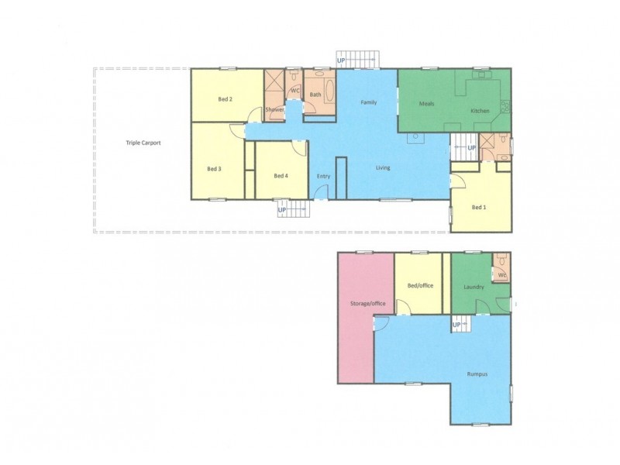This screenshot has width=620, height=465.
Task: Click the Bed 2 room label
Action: click(226, 98)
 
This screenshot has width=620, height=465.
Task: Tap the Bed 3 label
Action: click(215, 168)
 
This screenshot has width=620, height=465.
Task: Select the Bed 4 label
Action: click(281, 176)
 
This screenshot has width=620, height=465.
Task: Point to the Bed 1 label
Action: click(479, 207)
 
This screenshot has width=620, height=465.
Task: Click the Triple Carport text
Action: click(143, 143)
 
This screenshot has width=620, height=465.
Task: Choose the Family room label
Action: click(368, 102)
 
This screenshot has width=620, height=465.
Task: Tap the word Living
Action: click(383, 167)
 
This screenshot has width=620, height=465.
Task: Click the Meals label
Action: click(426, 103)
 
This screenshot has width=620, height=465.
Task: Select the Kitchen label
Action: click(480, 111)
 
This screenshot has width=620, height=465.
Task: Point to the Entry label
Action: click(323, 176)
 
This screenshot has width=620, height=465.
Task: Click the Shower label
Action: click(274, 110)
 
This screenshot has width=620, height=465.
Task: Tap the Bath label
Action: click(315, 95)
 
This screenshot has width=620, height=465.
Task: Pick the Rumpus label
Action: click(477, 374)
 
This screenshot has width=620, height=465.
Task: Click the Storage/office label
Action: click(368, 303)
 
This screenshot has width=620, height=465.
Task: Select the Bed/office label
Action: click(419, 286)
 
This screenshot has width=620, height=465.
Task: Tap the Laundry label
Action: click(474, 287)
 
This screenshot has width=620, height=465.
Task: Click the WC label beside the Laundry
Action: click(501, 275)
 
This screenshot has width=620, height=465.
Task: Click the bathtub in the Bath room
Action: click(329, 94)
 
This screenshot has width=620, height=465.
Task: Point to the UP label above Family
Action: click(341, 60)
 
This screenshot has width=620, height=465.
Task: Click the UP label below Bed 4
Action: click(282, 209)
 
